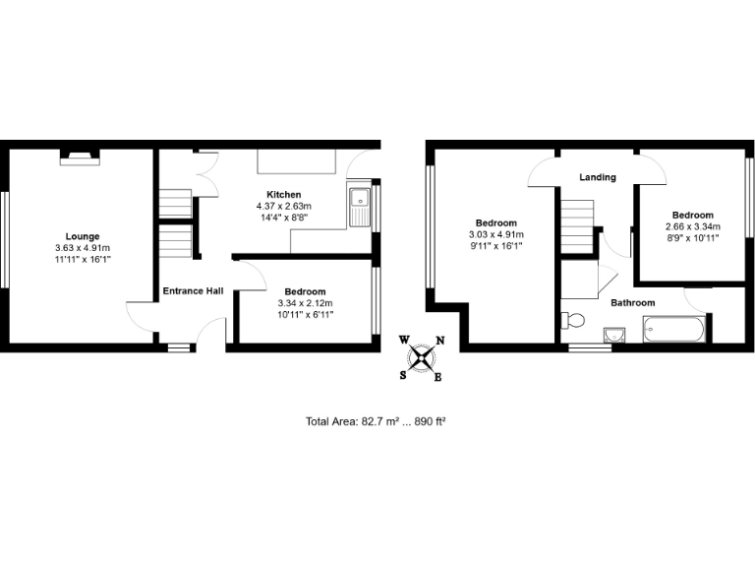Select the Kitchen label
(283, 194)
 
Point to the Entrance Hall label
(193, 290)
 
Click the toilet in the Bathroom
(572, 320)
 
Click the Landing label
(598, 177)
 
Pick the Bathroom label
(632, 303)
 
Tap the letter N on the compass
(439, 341)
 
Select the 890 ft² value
(429, 421)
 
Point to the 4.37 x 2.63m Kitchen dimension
(283, 206)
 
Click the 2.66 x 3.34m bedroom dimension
(693, 226)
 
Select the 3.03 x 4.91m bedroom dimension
(496, 234)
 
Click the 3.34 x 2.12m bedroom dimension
(305, 303)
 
